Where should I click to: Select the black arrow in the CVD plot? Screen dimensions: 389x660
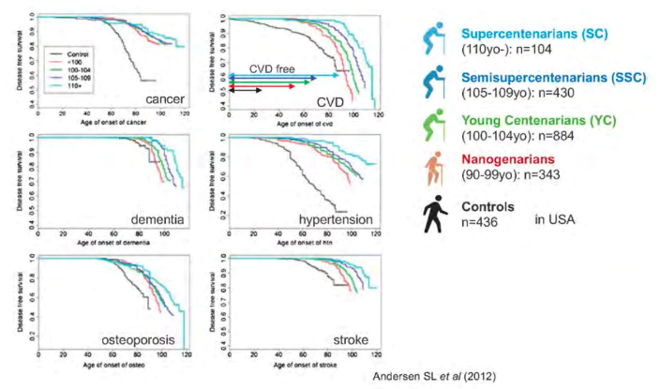tap(246, 90)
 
